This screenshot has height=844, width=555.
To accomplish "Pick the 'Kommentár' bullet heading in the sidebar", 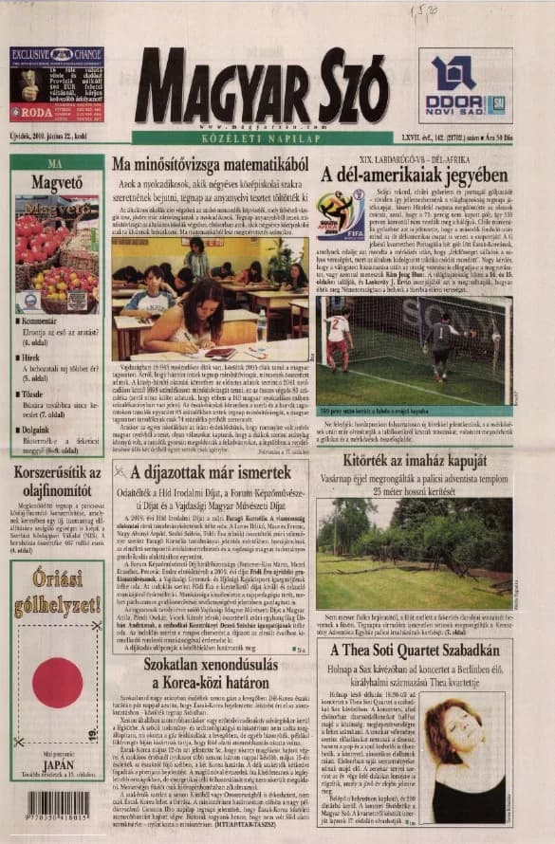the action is click(44, 322).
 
